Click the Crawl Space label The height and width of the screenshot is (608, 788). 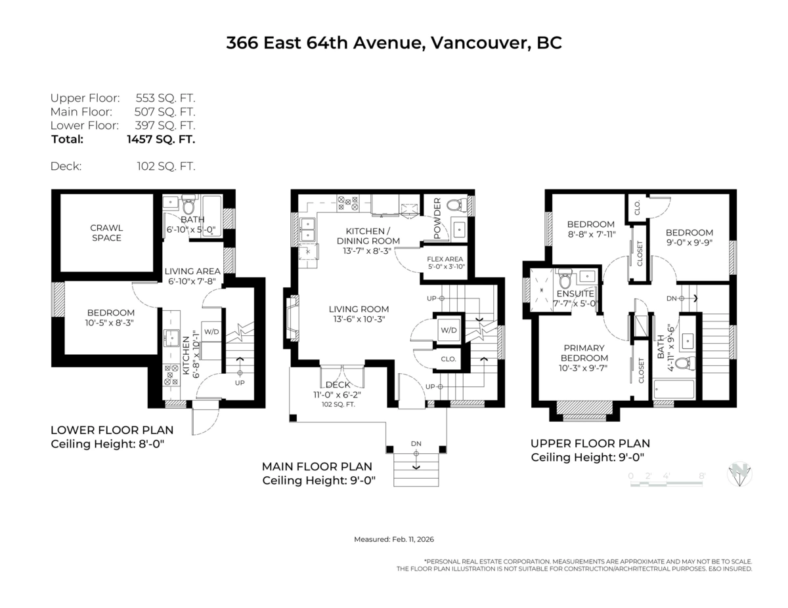[106, 233]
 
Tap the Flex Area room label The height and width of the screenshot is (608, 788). [445, 259]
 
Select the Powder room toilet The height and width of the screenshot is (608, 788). [454, 205]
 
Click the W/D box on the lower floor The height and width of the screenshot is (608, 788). [211, 331]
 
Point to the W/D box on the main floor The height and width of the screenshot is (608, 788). [448, 330]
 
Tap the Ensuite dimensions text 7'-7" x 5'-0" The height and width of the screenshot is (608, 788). [575, 304]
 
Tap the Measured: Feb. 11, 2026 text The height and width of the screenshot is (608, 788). [394, 539]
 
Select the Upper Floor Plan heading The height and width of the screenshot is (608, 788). [590, 443]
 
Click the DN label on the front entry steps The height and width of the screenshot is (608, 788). [416, 444]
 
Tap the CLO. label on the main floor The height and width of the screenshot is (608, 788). [448, 359]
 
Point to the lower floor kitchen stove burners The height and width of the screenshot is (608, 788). [170, 374]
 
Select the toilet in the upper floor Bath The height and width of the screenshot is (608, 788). [682, 363]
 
